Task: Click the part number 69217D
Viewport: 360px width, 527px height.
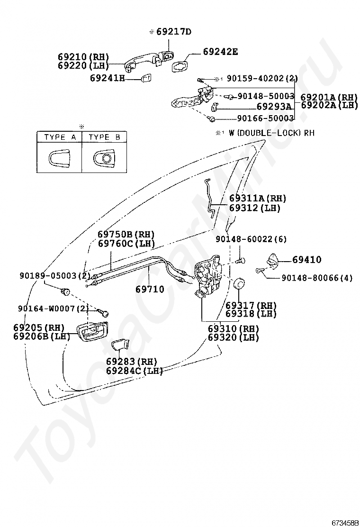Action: coord(173,32)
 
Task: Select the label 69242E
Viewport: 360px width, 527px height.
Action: coord(220,52)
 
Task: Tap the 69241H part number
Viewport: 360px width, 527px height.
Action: coord(107,78)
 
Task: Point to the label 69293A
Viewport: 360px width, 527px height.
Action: coord(274,107)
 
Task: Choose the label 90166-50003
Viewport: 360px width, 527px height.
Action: coord(265,118)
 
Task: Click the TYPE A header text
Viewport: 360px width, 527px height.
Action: coord(60,137)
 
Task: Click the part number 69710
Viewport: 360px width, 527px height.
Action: coord(150,289)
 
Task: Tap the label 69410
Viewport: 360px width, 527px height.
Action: coord(306,260)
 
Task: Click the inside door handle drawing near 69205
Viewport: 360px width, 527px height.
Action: coord(91,330)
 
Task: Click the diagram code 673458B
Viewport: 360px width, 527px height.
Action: coord(345,522)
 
